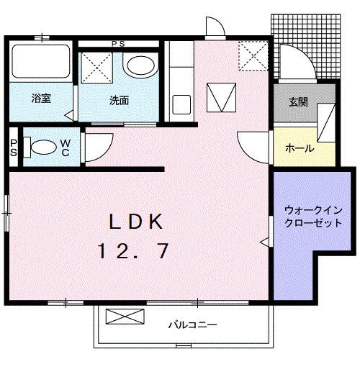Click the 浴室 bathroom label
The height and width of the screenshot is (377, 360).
tap(40, 99)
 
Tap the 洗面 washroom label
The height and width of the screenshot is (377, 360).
tap(119, 100)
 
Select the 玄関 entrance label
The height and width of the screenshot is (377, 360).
tap(298, 102)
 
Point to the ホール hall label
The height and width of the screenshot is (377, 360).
tap(299, 148)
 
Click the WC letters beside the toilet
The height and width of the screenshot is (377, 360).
tap(65, 147)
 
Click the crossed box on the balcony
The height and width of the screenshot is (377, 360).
tap(120, 317)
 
